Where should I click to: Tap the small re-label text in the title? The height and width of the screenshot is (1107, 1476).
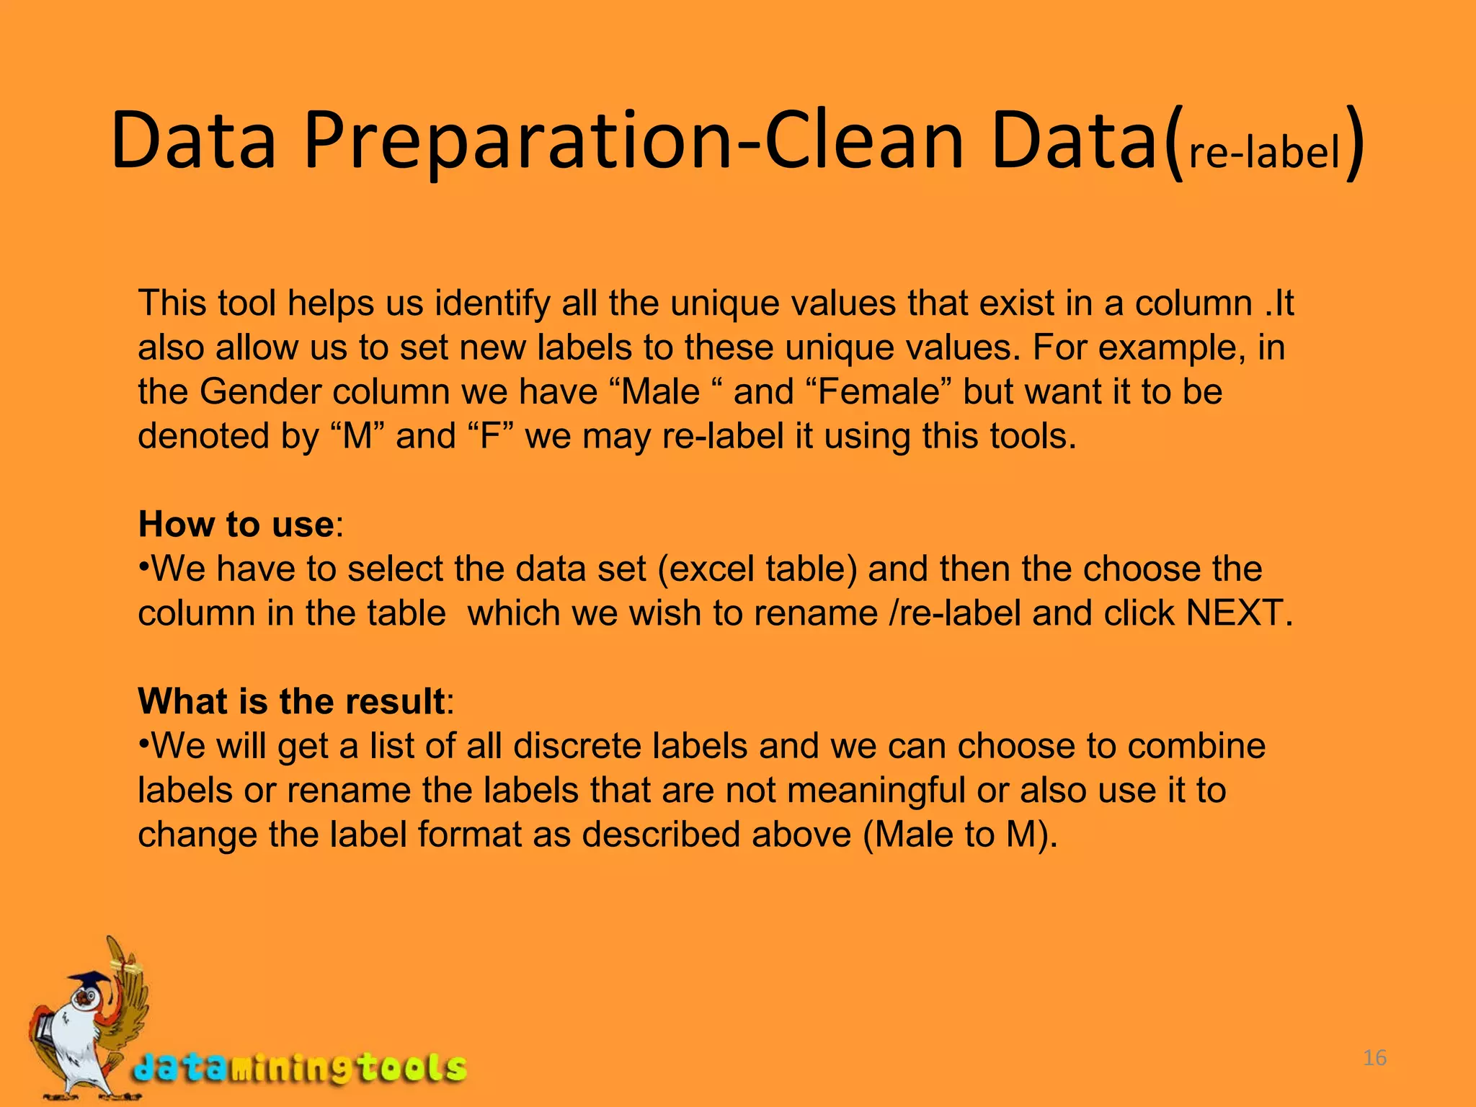(x=1263, y=153)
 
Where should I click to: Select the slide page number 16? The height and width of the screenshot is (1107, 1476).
(x=1374, y=1058)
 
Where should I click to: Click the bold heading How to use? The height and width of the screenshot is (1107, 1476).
(x=236, y=524)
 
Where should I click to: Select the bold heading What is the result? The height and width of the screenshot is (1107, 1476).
(x=291, y=701)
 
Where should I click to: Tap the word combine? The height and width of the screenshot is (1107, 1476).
(x=1196, y=746)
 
